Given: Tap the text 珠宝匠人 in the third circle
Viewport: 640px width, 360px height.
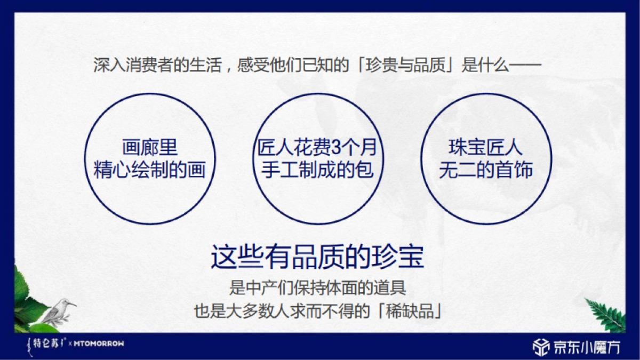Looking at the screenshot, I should click(485, 148).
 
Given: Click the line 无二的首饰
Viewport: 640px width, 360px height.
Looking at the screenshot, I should click(485, 170).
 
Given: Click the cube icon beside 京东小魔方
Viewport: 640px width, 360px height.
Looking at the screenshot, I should click(541, 347).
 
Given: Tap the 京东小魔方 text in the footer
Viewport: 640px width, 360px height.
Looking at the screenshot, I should click(587, 347).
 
